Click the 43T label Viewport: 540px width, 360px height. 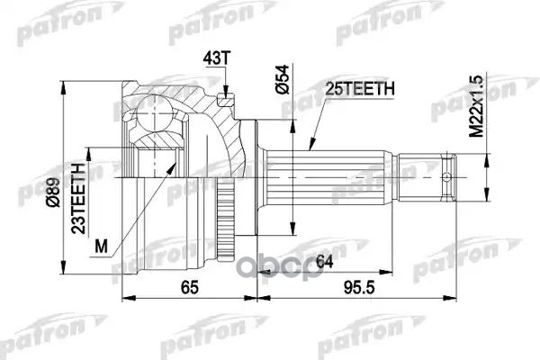(x=219, y=59)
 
